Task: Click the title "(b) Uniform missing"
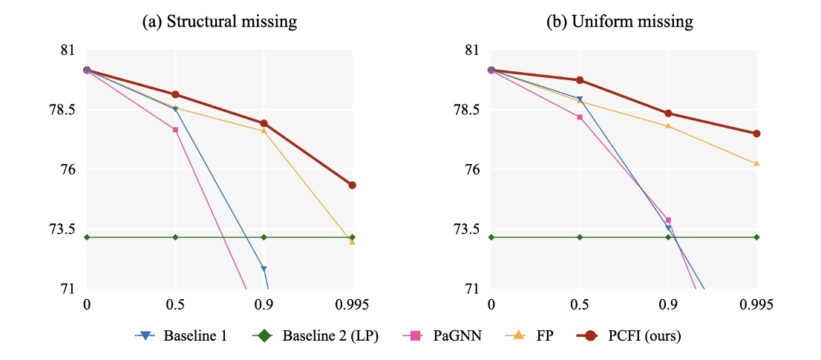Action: pos(620,22)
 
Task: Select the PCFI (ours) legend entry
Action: pos(629,336)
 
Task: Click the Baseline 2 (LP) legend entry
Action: pos(319,336)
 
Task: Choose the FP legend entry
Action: pos(533,336)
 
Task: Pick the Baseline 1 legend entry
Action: pos(180,336)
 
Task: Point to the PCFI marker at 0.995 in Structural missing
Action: pos(352,185)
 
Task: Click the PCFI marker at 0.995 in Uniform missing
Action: pos(756,134)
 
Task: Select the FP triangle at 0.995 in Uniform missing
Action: pos(756,163)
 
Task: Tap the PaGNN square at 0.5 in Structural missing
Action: pos(175,130)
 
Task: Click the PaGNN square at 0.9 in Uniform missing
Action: pos(668,220)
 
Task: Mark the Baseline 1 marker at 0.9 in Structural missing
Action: pos(264,269)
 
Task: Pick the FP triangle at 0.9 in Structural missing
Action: pos(264,131)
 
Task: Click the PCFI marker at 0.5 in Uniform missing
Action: pos(580,80)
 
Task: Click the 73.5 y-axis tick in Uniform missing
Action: pos(465,229)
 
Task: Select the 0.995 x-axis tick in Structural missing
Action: pos(352,304)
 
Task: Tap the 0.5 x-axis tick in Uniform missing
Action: pos(580,304)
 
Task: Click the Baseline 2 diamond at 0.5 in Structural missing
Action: pos(175,237)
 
